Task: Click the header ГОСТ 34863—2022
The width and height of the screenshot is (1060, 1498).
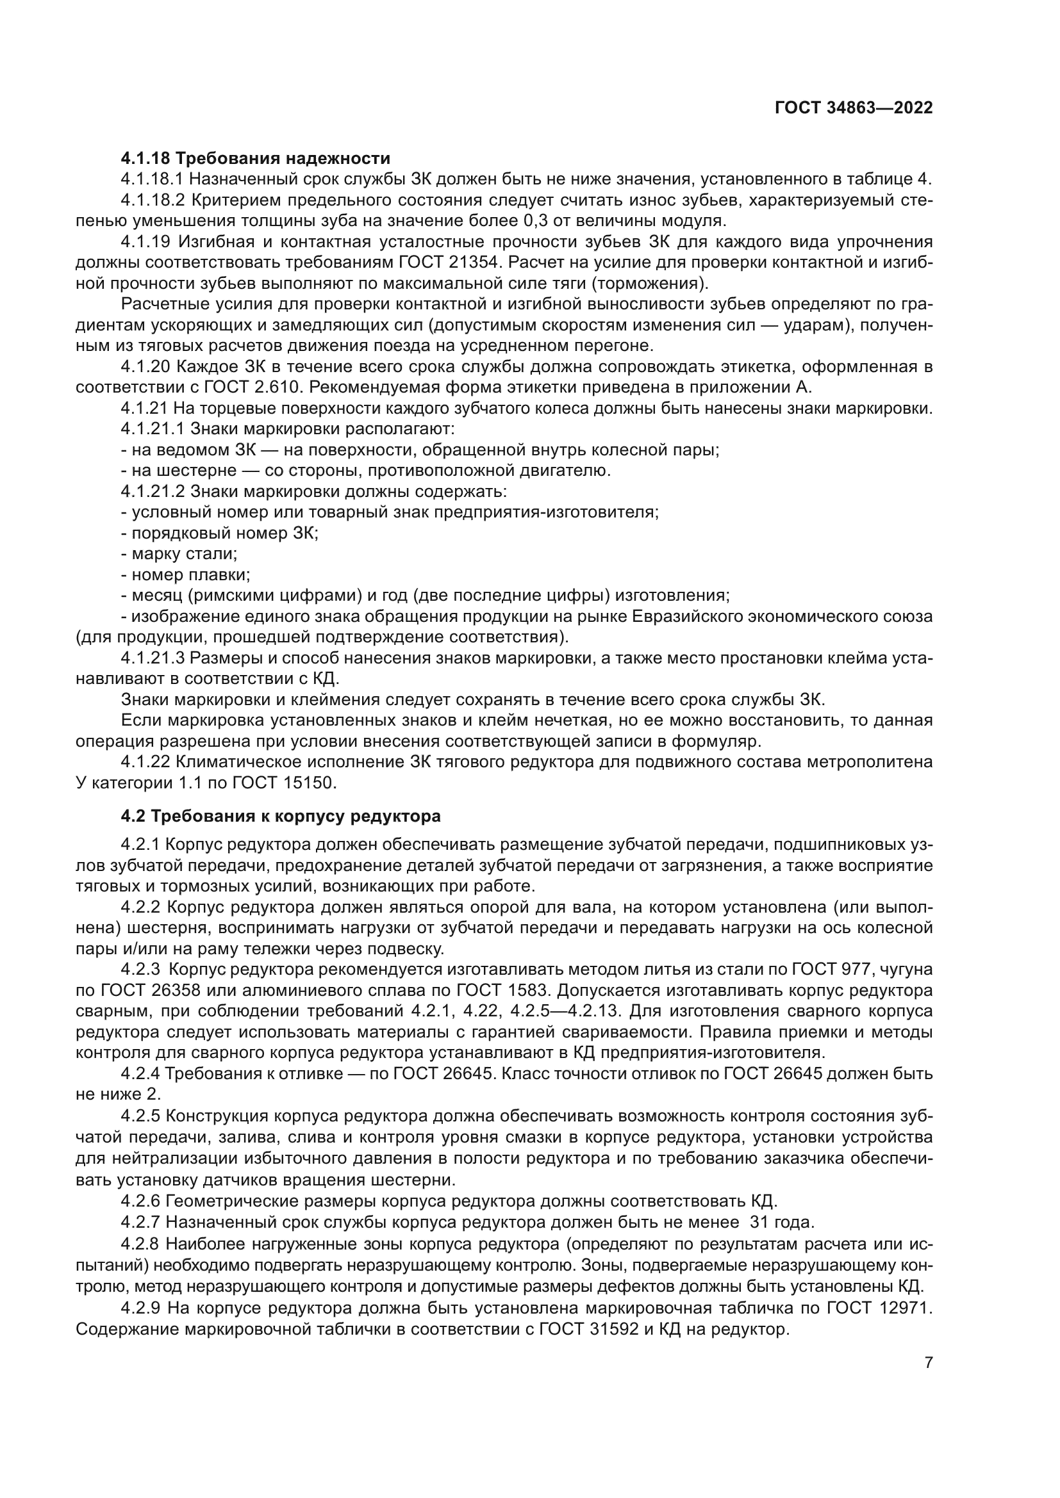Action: pos(853,108)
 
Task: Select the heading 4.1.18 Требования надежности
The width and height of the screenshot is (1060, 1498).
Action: pos(255,159)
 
